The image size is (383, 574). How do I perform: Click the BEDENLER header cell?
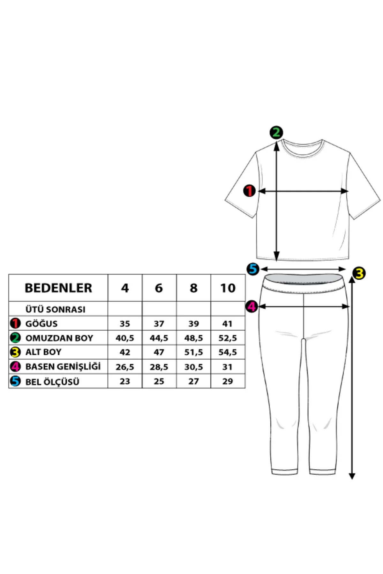pos(58,288)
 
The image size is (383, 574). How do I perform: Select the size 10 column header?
pos(228,288)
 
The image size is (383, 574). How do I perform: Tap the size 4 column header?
pos(125,288)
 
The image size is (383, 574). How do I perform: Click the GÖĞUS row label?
pos(41,324)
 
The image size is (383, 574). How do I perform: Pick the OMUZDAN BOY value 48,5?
pos(193,338)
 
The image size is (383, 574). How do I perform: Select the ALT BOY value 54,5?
pos(228,352)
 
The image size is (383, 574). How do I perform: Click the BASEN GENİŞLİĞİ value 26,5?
pos(125,367)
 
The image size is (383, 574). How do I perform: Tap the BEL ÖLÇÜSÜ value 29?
pos(228,381)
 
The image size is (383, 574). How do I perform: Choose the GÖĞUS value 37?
pos(159,324)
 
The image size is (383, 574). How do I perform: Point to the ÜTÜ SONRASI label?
pos(55,309)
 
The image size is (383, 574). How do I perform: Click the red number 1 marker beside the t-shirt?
pos(249,191)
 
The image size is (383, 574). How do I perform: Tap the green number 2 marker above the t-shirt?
pos(276,132)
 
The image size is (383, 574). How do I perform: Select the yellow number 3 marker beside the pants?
pos(360,274)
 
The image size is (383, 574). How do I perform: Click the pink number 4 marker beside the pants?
pos(252,307)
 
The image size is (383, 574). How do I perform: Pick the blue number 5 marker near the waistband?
pos(253,269)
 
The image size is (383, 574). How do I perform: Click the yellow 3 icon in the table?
pos(15,352)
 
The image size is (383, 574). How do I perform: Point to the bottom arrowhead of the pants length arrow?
pos(352,476)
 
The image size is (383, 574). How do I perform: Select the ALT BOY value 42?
pos(125,352)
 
